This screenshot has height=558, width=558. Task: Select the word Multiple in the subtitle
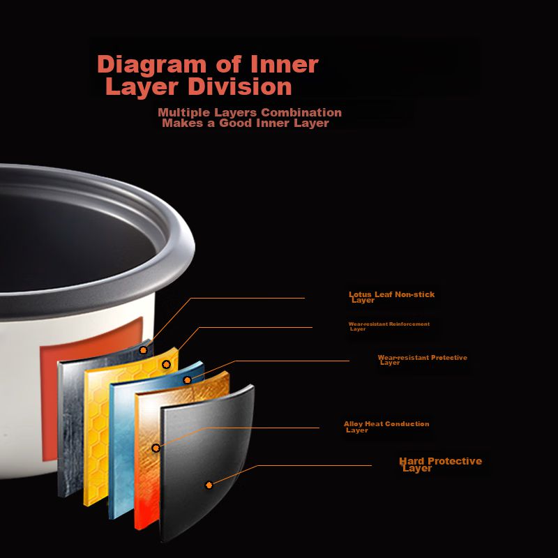click(183, 112)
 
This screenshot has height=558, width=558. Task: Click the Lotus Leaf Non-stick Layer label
click(391, 297)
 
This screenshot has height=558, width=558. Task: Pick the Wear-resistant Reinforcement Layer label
click(389, 326)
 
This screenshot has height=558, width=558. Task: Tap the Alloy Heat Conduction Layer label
click(386, 426)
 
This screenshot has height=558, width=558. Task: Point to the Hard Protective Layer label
click(439, 465)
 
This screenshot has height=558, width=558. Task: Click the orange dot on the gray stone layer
click(144, 349)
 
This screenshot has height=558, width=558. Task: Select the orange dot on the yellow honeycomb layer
click(166, 364)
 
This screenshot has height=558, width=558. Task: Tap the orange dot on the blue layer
click(187, 380)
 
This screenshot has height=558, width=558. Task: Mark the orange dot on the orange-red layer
click(156, 448)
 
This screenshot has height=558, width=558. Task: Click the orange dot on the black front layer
click(209, 485)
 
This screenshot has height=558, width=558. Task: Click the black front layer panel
click(209, 446)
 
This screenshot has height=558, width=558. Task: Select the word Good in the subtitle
click(236, 123)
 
